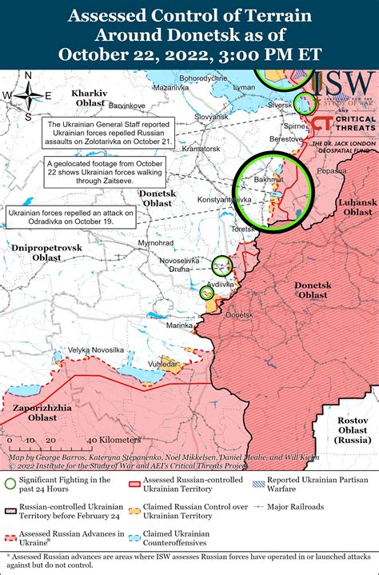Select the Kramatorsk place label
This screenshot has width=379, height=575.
click(x=201, y=149)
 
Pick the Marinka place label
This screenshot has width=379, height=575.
click(x=180, y=325)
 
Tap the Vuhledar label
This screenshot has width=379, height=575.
click(x=162, y=363)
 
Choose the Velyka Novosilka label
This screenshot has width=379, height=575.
click(x=95, y=350)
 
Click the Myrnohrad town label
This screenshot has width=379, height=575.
click(x=155, y=242)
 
